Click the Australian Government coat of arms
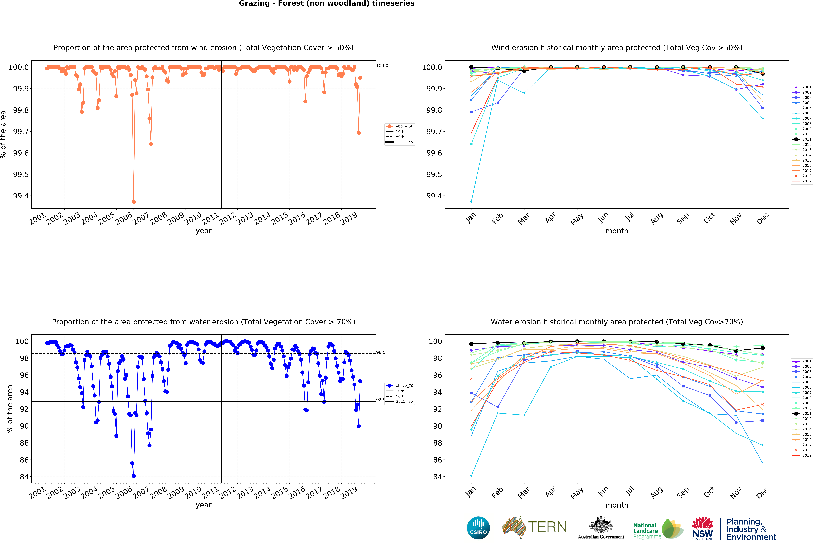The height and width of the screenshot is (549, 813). pos(601,525)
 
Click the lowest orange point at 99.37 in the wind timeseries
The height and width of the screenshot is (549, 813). pos(134,202)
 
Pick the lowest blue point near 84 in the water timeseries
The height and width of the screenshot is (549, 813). pos(134,476)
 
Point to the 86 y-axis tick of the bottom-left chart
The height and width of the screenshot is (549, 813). pos(24,460)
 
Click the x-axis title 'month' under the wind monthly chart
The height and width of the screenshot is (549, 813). pos(617,231)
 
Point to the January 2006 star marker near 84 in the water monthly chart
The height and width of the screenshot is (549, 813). pos(471,476)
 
